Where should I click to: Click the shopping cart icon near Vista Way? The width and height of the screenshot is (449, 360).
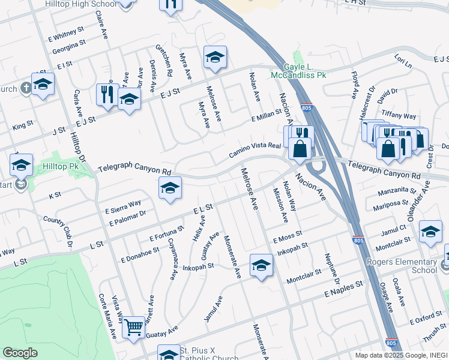pos(133,327)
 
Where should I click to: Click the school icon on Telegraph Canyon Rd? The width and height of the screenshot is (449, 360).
pos(170,188)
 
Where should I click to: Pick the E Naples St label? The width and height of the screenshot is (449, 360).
pos(344,289)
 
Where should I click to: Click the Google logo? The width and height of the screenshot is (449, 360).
pos(20,353)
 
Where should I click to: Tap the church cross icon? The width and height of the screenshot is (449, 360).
pos(25,89)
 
